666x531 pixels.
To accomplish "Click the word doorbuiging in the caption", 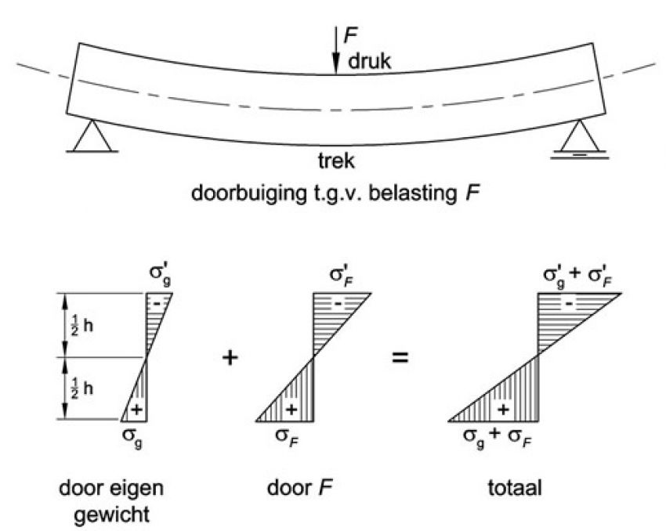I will pyautogui.click(x=248, y=193).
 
